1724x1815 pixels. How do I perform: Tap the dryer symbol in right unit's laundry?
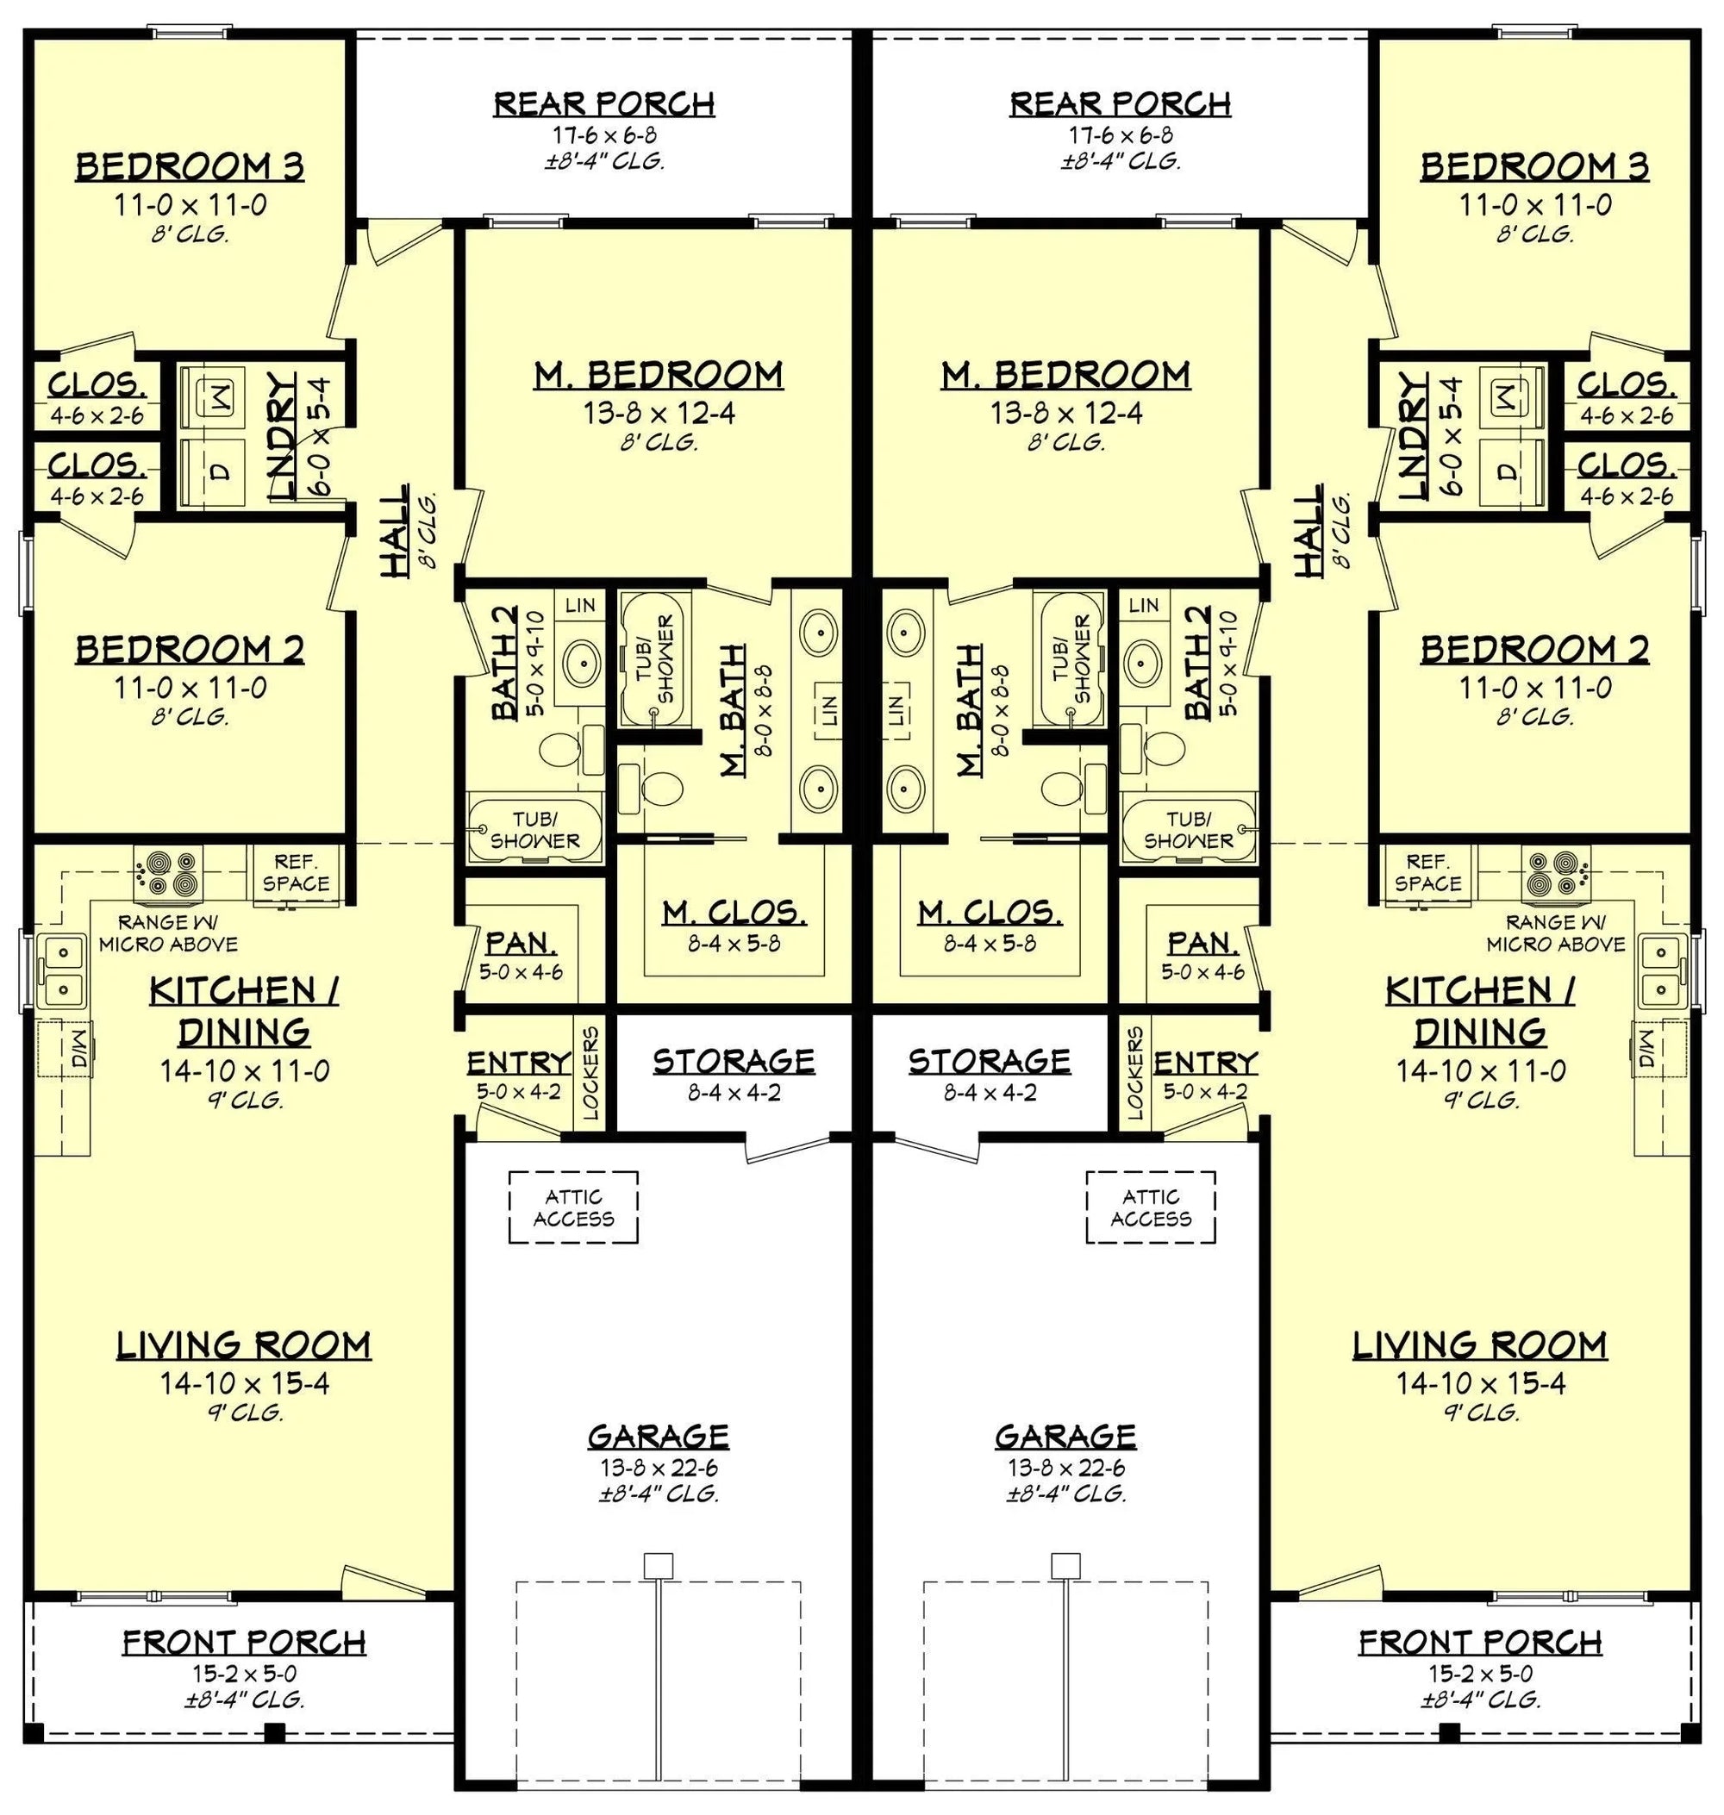[x=1505, y=471]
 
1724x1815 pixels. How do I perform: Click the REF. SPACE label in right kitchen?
[x=1427, y=872]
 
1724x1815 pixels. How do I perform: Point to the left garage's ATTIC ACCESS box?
[x=573, y=1207]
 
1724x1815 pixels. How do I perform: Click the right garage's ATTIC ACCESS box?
[x=1151, y=1207]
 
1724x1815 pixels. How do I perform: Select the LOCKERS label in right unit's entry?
[x=1136, y=1072]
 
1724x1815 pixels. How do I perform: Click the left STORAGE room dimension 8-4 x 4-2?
[x=734, y=1093]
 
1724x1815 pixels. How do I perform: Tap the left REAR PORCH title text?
[x=603, y=103]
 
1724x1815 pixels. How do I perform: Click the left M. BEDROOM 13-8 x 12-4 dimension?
[x=659, y=414]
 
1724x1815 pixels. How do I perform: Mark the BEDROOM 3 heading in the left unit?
[x=190, y=167]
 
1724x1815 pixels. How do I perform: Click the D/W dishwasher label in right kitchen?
[x=1645, y=1048]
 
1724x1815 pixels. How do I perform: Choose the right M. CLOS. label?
[x=990, y=913]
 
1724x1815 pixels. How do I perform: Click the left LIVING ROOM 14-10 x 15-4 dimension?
[x=245, y=1383]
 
